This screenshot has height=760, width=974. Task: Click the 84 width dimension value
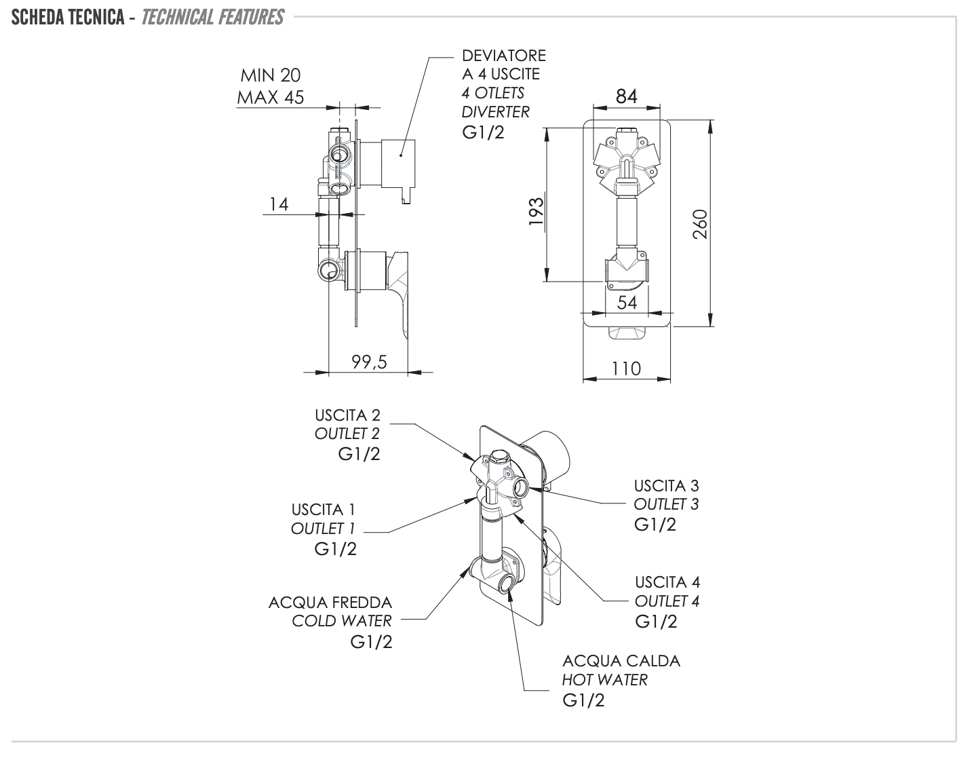pyautogui.click(x=626, y=97)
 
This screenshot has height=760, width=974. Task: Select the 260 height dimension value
pyautogui.click(x=700, y=224)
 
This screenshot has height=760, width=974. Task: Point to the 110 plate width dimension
pyautogui.click(x=625, y=368)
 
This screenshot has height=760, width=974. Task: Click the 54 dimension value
pyautogui.click(x=627, y=303)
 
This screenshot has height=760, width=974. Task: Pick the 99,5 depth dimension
pyautogui.click(x=369, y=362)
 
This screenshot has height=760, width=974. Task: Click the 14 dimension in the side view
pyautogui.click(x=279, y=204)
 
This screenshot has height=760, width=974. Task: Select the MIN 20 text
pyautogui.click(x=270, y=75)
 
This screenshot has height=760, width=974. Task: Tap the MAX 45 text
pyautogui.click(x=270, y=98)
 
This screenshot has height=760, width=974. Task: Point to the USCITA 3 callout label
pyautogui.click(x=666, y=486)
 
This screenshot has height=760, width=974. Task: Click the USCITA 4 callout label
pyautogui.click(x=667, y=582)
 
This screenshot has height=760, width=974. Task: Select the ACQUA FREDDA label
pyautogui.click(x=330, y=603)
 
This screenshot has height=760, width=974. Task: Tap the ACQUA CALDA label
pyautogui.click(x=621, y=661)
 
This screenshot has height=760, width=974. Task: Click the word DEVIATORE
pyautogui.click(x=503, y=56)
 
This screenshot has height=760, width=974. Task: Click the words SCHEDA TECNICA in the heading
pyautogui.click(x=67, y=17)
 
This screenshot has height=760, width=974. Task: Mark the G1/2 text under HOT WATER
pyautogui.click(x=583, y=700)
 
